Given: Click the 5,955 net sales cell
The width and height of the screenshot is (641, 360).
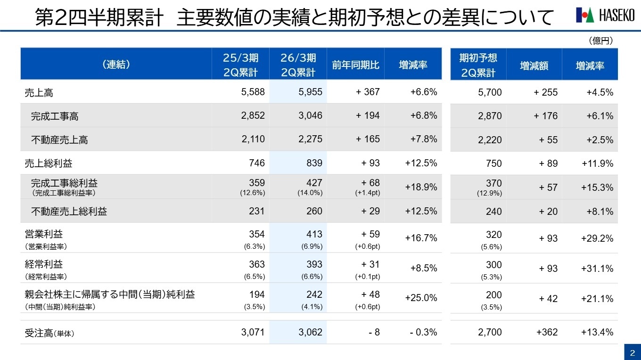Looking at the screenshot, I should [x=310, y=92].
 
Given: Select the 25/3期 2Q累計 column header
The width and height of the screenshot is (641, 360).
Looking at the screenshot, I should [x=240, y=65].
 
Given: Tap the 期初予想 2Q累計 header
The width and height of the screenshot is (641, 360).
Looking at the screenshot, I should [x=478, y=65].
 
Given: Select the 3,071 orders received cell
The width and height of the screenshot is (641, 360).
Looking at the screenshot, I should [x=253, y=332].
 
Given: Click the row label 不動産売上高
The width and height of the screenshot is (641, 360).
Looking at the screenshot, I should [x=59, y=140].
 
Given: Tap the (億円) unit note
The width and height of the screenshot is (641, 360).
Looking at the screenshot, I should [x=600, y=41].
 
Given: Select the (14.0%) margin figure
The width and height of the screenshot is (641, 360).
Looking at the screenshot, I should [x=310, y=193].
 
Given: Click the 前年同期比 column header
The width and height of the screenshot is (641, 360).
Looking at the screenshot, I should [x=355, y=65].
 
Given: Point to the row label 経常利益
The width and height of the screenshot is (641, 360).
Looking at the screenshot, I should [x=43, y=264].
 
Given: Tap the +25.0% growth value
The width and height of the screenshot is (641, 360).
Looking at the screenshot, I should [x=421, y=298].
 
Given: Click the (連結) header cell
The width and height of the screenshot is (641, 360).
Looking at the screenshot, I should [x=116, y=65].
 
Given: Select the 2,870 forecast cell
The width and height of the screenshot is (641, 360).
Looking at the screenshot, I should [x=490, y=116].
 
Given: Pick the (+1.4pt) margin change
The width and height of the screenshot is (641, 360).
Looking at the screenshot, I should [x=367, y=193].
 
